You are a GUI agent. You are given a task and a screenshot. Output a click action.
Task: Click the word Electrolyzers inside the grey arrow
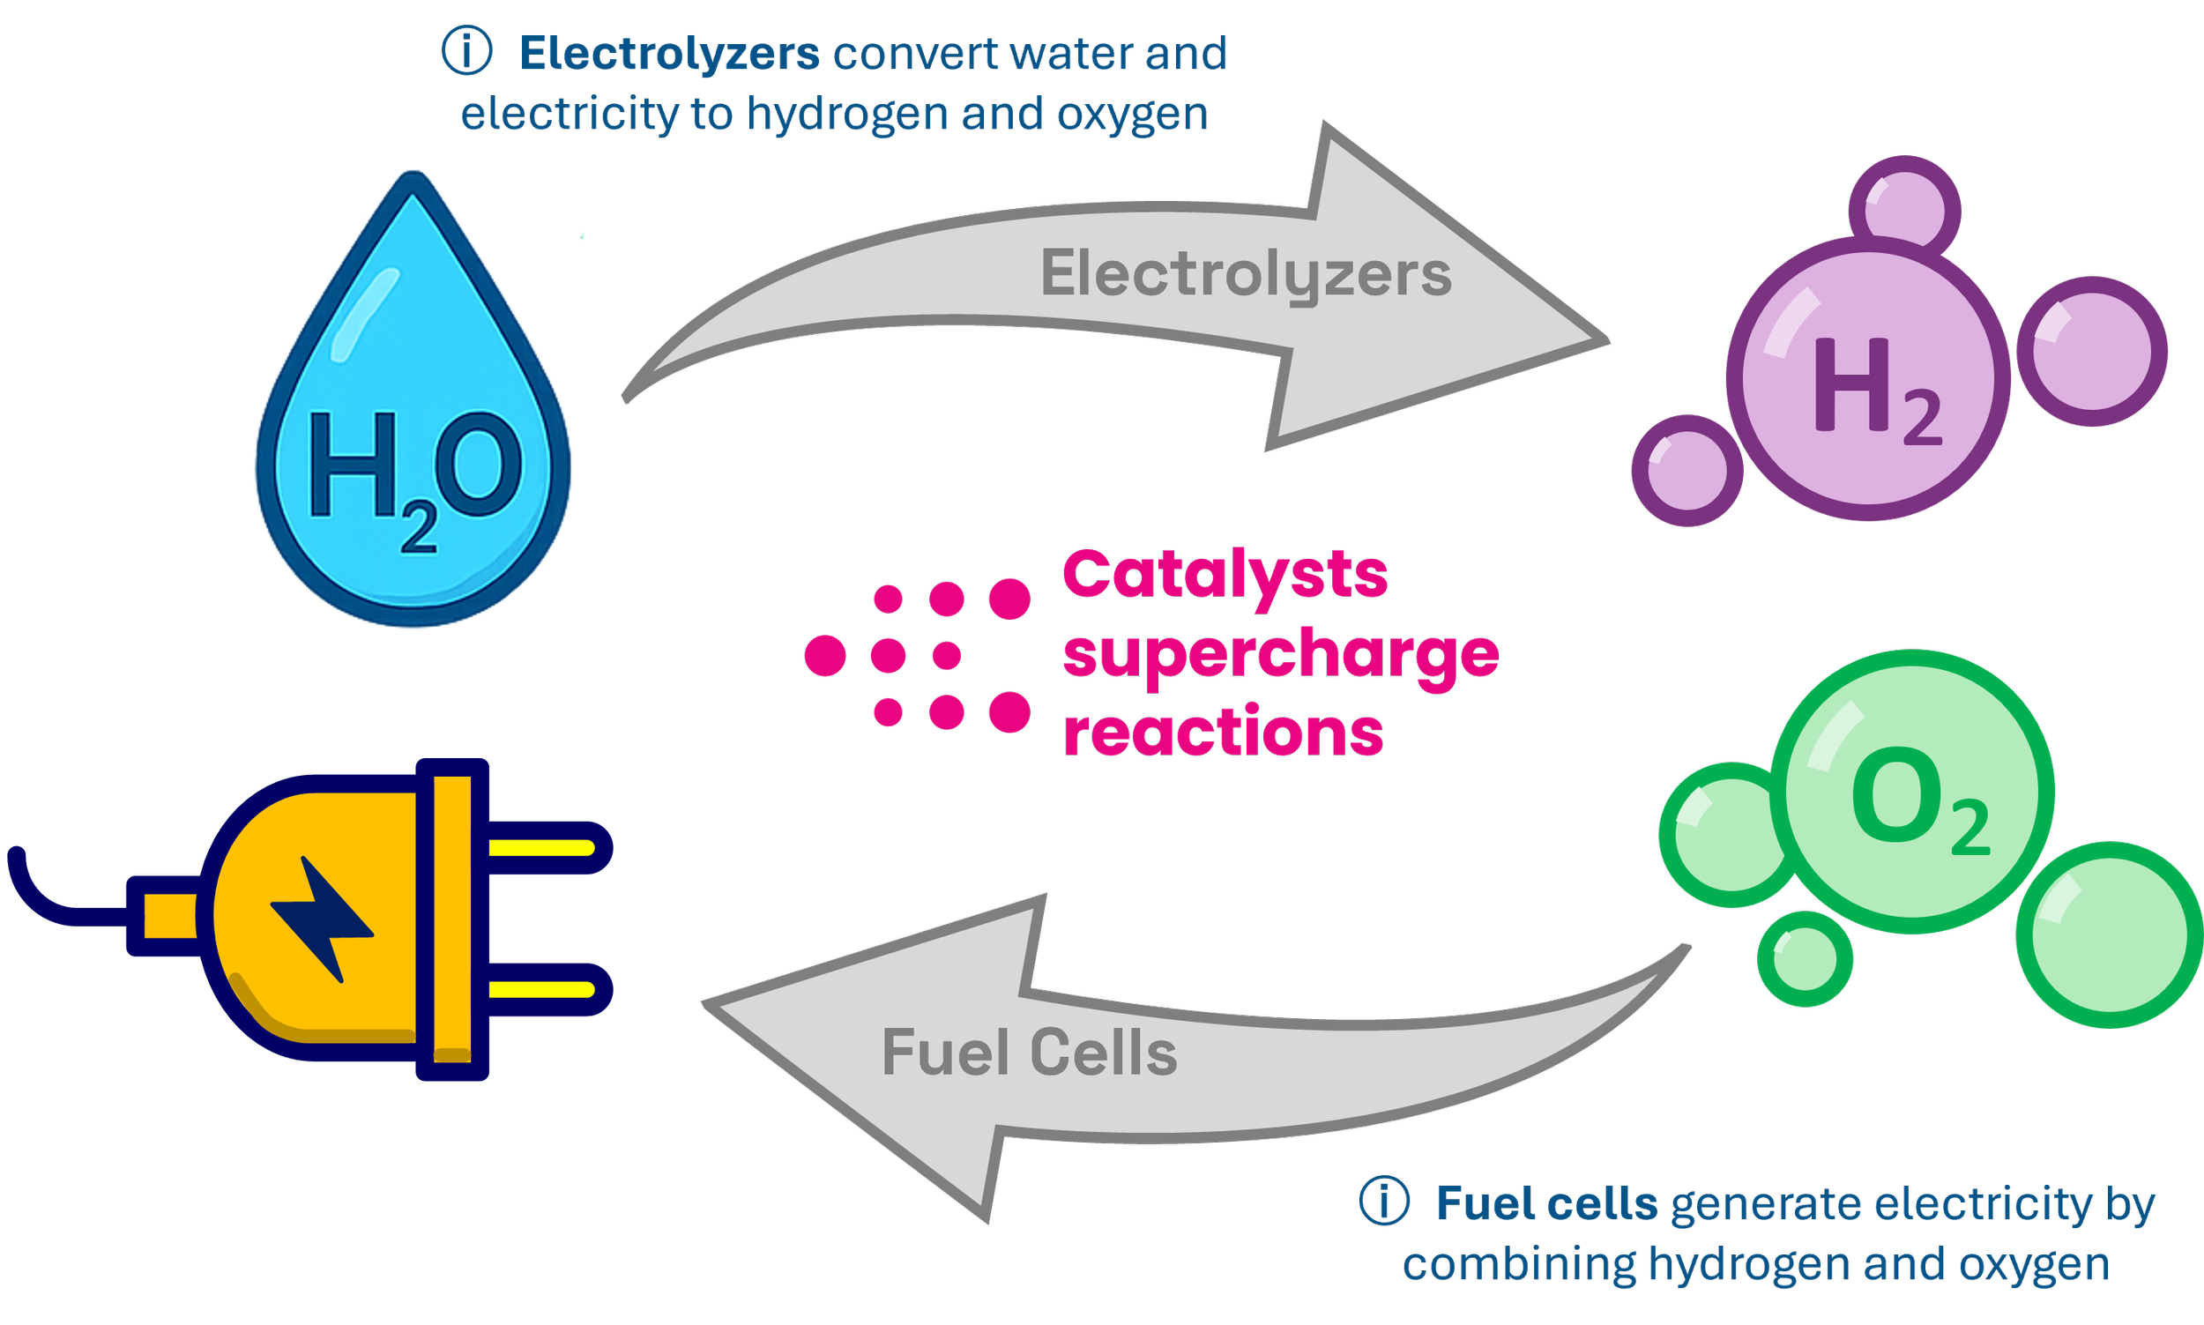click(1246, 274)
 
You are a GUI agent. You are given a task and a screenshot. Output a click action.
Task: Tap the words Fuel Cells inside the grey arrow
click(1028, 1053)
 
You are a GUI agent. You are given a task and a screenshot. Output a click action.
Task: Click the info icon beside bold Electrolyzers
click(467, 51)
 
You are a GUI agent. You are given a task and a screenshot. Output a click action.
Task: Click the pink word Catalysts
click(1225, 575)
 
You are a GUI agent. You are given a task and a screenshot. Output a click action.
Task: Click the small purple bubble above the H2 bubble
click(1904, 210)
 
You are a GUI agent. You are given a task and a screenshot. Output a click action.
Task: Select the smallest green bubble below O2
click(1804, 959)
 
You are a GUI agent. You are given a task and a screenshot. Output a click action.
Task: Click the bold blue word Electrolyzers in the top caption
click(668, 54)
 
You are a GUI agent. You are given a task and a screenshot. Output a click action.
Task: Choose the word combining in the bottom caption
click(1518, 1264)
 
